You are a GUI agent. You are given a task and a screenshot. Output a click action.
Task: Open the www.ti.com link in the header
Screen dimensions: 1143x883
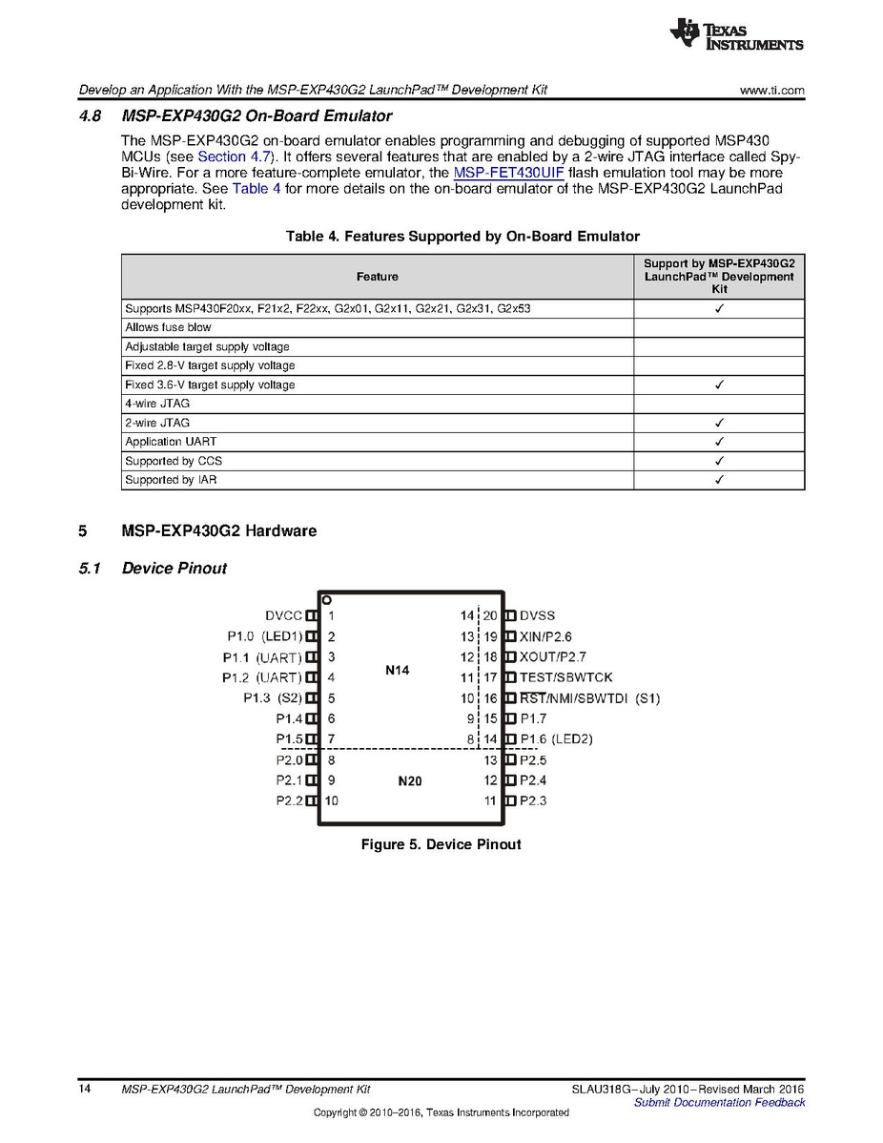pos(771,91)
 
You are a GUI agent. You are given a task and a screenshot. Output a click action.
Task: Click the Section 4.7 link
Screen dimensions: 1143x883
pos(235,156)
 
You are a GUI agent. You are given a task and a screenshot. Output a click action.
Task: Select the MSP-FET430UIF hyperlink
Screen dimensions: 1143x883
pos(509,173)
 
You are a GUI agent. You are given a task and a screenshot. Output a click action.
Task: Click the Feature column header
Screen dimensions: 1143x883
pos(378,277)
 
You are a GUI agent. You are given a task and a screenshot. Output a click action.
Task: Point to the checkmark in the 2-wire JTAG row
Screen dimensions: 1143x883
pos(719,423)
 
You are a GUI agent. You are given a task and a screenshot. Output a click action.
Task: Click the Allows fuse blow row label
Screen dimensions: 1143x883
pos(169,327)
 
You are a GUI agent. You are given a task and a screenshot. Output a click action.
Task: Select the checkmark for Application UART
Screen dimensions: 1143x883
pos(719,442)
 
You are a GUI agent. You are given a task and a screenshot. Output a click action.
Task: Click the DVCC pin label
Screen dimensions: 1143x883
pos(283,616)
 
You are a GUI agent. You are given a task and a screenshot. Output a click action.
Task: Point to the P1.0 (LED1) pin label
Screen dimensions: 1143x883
pos(264,636)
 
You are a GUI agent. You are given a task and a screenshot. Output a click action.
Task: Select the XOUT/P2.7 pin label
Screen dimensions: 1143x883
pos(553,657)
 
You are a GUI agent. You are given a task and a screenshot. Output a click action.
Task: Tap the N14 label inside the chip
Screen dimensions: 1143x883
pos(397,671)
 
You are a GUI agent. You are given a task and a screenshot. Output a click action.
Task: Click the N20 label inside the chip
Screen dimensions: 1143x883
pos(409,781)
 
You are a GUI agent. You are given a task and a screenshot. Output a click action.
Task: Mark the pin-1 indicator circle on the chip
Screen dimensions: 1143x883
pos(326,600)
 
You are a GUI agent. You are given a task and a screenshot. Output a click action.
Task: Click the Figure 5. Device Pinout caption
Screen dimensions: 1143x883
pos(441,844)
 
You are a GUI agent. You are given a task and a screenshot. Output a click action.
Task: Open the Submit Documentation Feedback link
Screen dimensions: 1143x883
pos(719,1102)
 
